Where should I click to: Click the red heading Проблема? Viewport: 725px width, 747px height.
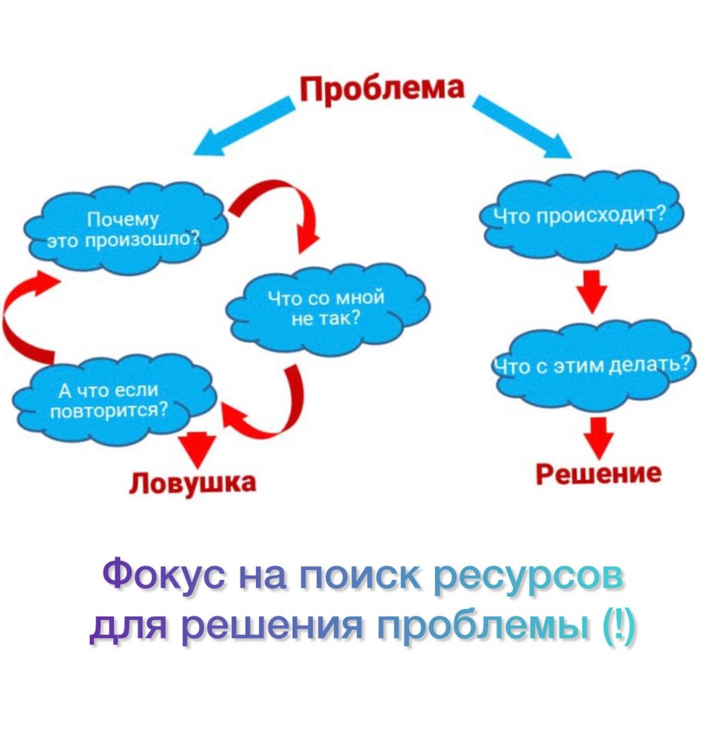click(x=382, y=88)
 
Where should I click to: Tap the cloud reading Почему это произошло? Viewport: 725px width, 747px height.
click(x=125, y=229)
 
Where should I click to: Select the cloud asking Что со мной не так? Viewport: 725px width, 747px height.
click(x=326, y=308)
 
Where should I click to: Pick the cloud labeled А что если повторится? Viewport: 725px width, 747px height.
click(x=112, y=400)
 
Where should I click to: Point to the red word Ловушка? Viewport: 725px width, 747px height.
click(x=192, y=482)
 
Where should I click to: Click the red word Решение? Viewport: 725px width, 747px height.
click(x=599, y=473)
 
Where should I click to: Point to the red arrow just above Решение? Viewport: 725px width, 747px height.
click(x=599, y=438)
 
